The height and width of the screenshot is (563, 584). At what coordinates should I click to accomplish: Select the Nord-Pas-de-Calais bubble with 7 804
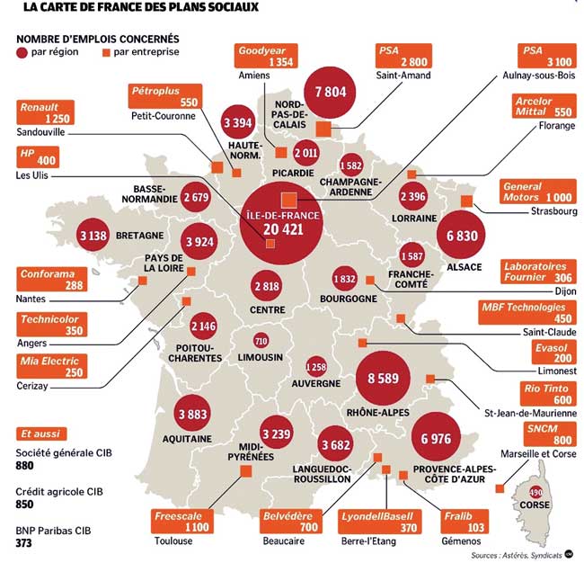330,93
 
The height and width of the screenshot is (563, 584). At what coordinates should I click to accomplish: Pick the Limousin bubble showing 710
261,341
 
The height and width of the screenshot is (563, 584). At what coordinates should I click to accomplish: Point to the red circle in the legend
22,53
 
